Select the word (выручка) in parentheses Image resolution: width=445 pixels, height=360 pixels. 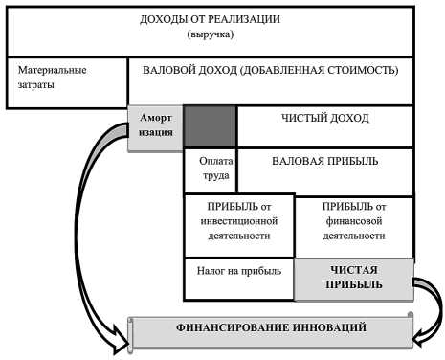pos(211,34)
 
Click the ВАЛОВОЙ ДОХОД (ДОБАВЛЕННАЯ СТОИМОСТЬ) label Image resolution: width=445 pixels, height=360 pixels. pos(271,70)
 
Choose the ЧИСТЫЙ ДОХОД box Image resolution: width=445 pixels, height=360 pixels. pos(324,118)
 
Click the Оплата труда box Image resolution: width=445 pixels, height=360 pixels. pos(210,169)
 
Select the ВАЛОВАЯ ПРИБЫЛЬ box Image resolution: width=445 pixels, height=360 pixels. pos(324,161)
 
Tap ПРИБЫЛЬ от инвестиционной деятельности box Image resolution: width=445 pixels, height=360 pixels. pos(238,221)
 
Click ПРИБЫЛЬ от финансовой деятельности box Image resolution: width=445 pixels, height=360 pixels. pos(354,221)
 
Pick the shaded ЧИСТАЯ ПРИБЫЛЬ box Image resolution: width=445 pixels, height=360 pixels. pos(354,277)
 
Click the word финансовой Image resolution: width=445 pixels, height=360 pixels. pos(354,221)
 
